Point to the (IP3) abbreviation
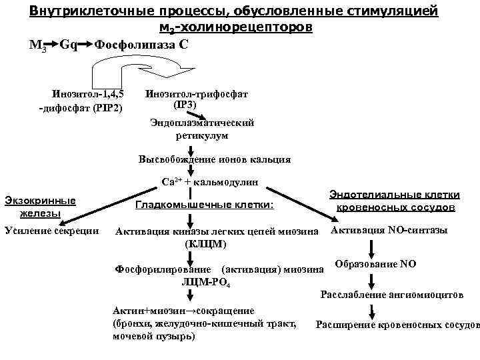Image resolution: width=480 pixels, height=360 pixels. (x=185, y=105)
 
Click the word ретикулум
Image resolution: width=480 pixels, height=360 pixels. (x=202, y=135)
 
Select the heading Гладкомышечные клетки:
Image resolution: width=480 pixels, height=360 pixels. (x=204, y=205)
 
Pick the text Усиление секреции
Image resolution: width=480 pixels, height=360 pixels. (x=52, y=231)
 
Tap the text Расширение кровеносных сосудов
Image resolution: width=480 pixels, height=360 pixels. (x=398, y=325)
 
